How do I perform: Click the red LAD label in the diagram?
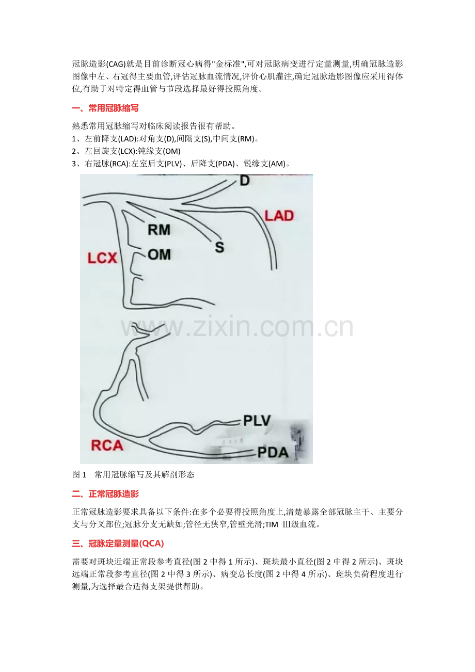tap(279, 216)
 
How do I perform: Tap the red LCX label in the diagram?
tap(102, 258)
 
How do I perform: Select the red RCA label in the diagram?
tap(107, 445)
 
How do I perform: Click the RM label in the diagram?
tap(159, 230)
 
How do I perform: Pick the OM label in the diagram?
tap(159, 254)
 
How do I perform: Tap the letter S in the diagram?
tap(219, 248)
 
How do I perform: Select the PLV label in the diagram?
tap(257, 421)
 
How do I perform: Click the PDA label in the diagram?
tap(273, 453)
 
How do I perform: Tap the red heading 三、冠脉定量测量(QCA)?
tap(118, 543)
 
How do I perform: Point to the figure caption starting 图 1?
tap(133, 475)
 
